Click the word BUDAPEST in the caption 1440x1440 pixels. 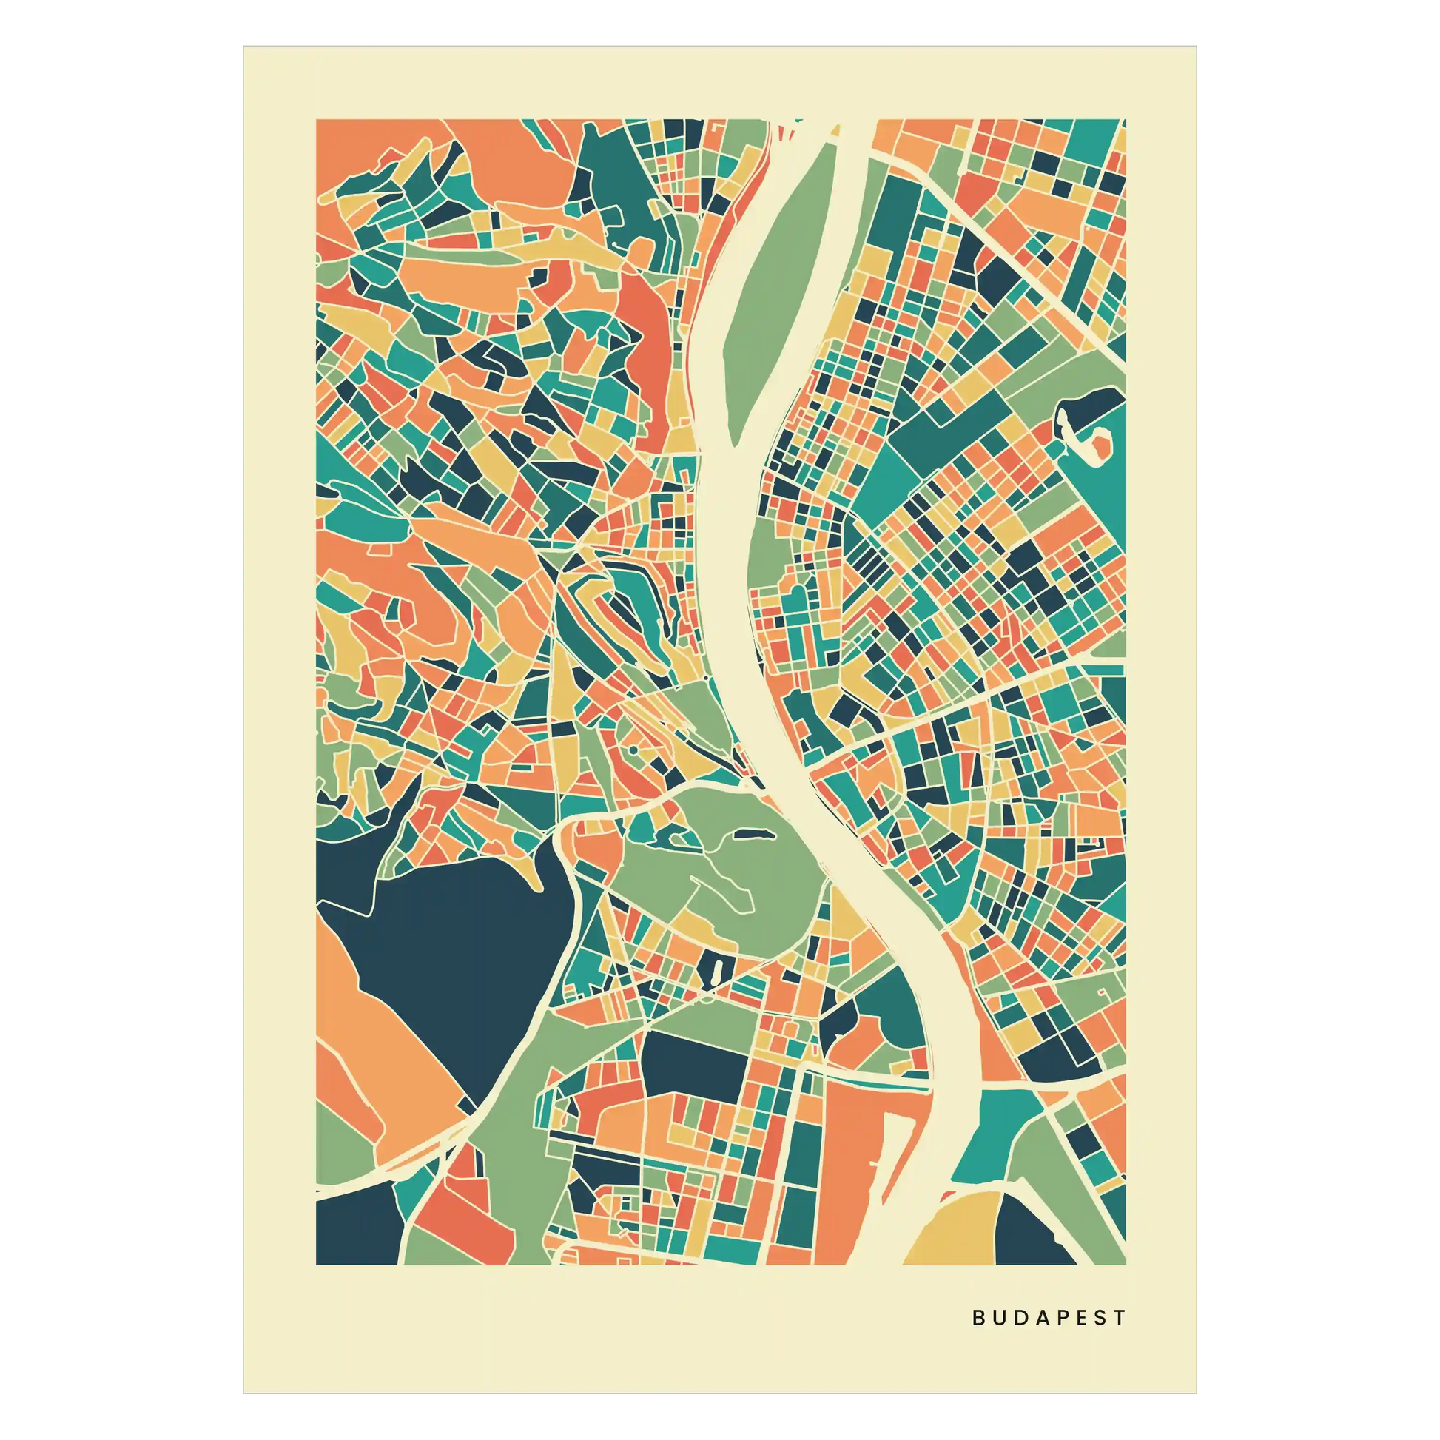pyautogui.click(x=1049, y=1317)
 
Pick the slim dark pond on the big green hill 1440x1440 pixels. pyautogui.click(x=752, y=835)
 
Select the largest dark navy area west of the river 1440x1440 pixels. pyautogui.click(x=454, y=961)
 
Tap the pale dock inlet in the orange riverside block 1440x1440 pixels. pyautogui.click(x=872, y=1170)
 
